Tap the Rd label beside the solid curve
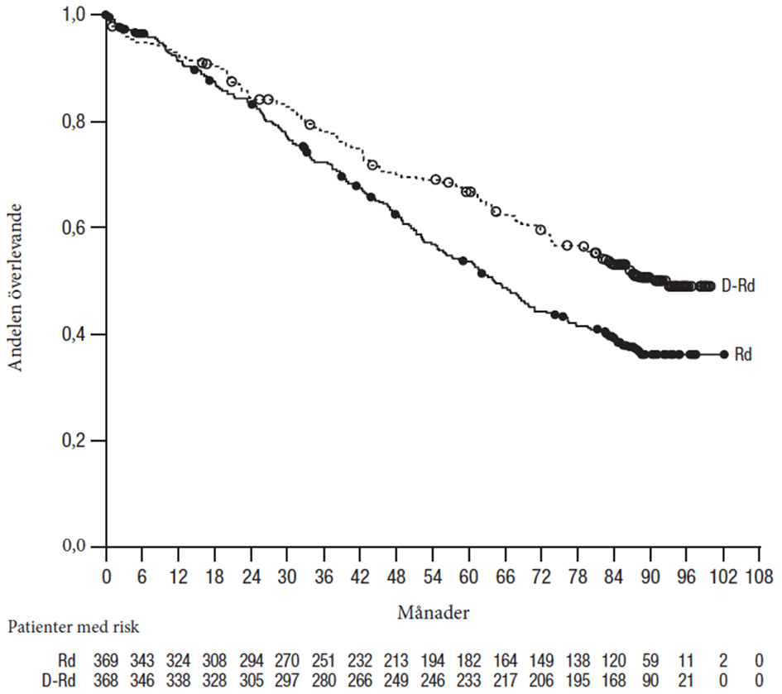click(x=742, y=354)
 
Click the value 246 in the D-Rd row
click(x=432, y=678)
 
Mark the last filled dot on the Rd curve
click(x=724, y=354)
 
